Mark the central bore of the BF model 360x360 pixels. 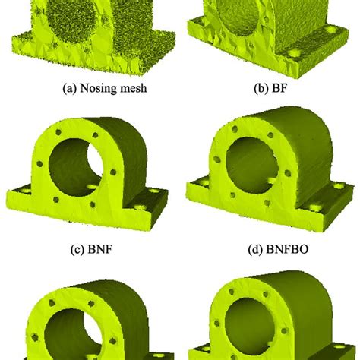pos(251,15)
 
